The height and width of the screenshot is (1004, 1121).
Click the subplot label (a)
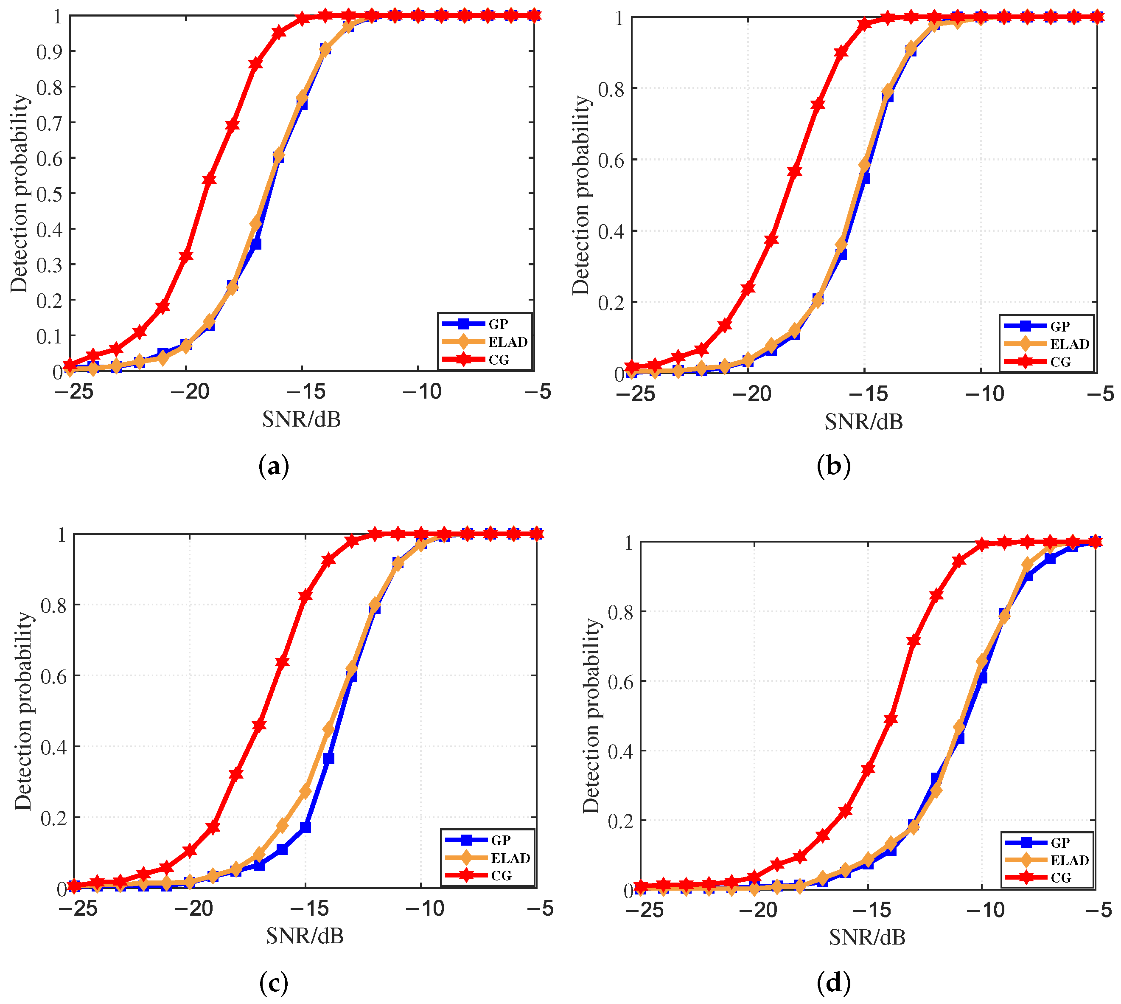tap(274, 467)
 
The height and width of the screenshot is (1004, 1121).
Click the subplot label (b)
tap(833, 467)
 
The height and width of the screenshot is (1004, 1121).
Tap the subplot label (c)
tap(274, 982)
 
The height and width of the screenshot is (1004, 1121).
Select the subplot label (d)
tap(833, 982)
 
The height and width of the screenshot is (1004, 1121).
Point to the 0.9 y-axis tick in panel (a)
tap(48, 52)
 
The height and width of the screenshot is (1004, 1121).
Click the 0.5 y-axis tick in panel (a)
tap(48, 194)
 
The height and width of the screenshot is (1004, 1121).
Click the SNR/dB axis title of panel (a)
tap(301, 420)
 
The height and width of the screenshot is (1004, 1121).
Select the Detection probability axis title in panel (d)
tap(591, 715)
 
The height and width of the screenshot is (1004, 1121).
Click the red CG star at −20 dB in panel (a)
tap(186, 256)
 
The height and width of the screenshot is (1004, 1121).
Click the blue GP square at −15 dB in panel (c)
tap(305, 827)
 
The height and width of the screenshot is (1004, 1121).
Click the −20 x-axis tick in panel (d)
tap(758, 910)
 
